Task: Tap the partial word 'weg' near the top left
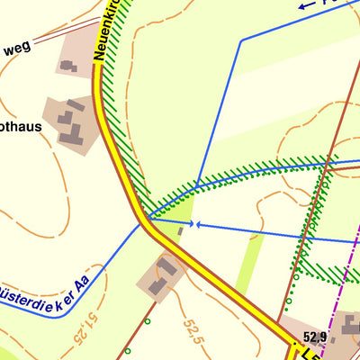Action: point(15,47)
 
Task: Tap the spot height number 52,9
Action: point(315,337)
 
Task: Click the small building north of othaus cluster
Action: point(68,65)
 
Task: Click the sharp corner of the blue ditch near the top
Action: point(240,40)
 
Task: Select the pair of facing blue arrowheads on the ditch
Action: point(193,223)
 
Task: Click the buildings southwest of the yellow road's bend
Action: point(163,275)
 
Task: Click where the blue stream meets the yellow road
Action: point(147,219)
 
